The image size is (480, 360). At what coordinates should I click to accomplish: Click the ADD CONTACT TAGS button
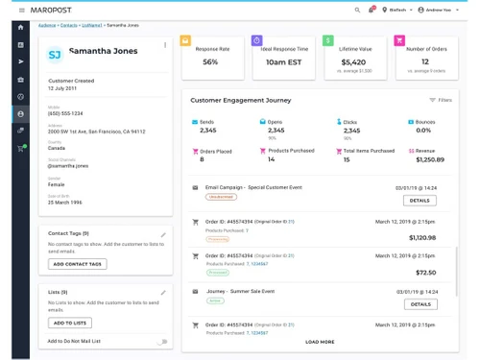pos(77,264)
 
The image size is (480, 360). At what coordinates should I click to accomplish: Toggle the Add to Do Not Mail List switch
pos(161,341)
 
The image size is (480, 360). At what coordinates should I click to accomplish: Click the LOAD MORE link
pos(320,342)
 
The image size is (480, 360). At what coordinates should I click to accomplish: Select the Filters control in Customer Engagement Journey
pos(441,100)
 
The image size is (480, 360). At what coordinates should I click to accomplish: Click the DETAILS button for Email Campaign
pos(419,201)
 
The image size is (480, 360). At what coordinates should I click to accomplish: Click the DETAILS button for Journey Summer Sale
pos(419,303)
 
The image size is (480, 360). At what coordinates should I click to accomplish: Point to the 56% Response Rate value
pos(211,61)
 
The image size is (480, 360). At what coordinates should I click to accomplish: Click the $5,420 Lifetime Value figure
pos(353,61)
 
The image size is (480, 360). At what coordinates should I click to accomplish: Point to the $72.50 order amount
pos(425,273)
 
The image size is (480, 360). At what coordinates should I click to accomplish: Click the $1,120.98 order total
pos(421,237)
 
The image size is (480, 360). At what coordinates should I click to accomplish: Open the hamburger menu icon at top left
pos(21,10)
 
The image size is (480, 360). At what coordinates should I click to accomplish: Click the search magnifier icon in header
pos(357,10)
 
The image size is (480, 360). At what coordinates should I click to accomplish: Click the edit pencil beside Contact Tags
pos(163,234)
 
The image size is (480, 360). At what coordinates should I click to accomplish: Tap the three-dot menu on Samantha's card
pos(164,45)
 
